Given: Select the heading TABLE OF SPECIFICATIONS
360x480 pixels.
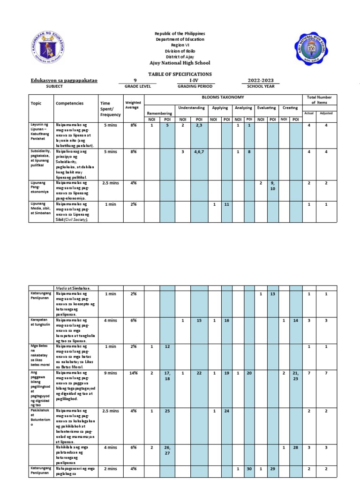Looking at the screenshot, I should (180, 74).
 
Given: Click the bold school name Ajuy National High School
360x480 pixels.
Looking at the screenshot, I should (180, 63).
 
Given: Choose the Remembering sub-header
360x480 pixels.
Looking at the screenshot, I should (159, 113).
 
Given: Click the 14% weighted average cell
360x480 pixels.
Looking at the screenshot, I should (134, 373).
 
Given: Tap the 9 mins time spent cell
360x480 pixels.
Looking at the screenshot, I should (110, 373).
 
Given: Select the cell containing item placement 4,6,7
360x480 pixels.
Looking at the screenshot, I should (199, 152).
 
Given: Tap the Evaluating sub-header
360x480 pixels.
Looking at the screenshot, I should (266, 108).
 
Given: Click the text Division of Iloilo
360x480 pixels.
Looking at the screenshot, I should (180, 52).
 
